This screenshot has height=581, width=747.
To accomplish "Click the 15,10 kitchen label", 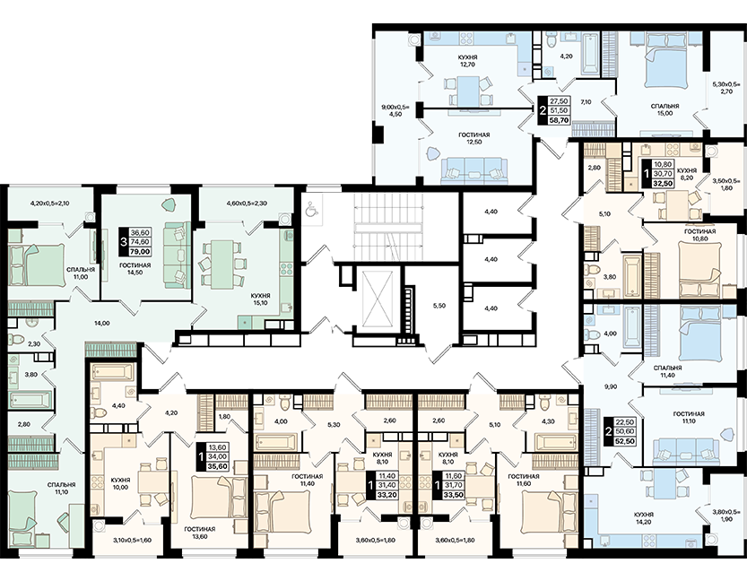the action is [x=261, y=299].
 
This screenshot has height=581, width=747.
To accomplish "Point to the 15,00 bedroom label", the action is [x=664, y=109].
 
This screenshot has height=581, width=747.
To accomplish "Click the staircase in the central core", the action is [x=388, y=226].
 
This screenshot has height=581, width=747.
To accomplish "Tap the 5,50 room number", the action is [x=439, y=306].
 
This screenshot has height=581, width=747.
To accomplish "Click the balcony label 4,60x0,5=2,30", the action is [x=246, y=203].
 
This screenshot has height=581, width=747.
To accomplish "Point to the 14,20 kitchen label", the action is [x=644, y=518].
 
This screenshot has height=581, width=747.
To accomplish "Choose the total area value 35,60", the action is [x=217, y=467].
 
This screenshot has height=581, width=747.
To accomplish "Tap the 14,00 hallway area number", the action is [x=102, y=323].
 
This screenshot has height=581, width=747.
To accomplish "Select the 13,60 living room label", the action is [x=200, y=533].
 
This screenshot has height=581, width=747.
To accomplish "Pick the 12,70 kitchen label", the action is [x=469, y=61].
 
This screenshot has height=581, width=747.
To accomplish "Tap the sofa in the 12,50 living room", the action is [x=470, y=170].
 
